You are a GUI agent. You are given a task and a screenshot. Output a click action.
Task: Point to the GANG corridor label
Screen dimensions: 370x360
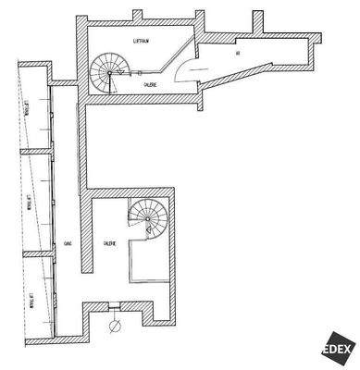coord(68,242)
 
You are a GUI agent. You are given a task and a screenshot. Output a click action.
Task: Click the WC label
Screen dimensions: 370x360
coord(238,54)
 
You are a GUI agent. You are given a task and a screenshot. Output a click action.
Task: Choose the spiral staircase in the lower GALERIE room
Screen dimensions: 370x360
coord(145,222)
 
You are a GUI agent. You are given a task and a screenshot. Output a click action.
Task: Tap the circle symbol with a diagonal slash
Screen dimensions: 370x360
coord(116,326)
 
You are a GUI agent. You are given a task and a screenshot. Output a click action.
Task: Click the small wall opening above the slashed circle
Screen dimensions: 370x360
coord(115,307)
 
